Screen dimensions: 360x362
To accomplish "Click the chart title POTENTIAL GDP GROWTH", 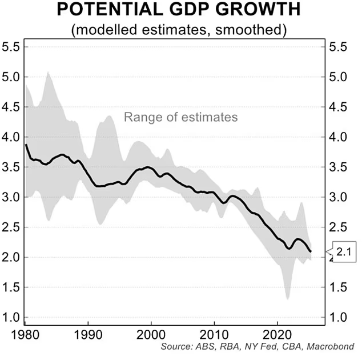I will tap(180, 11).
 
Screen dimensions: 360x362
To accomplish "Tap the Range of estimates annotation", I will tap(180, 118).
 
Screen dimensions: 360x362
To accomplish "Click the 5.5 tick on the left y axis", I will tap(11, 47).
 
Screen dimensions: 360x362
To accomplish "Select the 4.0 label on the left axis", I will tap(11, 137).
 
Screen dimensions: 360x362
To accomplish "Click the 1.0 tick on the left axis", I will tap(11, 318).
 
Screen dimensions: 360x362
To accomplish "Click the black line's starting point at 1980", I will tap(26, 145).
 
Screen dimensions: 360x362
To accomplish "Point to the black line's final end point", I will tap(311, 251).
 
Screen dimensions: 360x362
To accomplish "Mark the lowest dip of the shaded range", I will tap(287, 299).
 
